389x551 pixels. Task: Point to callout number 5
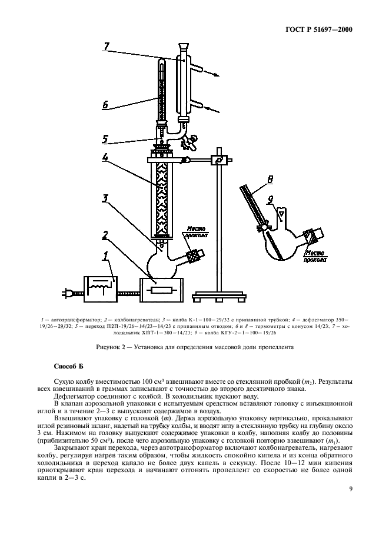(105, 140)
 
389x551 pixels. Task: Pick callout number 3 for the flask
(104, 199)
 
